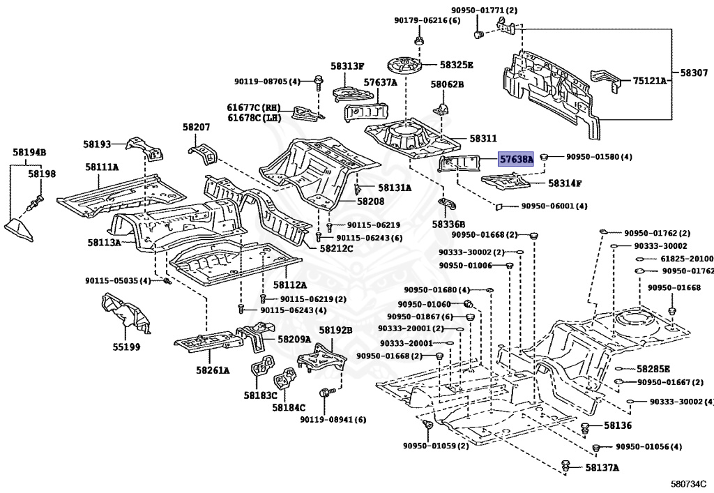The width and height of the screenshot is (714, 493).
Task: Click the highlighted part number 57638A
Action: point(516,160)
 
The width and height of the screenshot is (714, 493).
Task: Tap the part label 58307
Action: point(692,73)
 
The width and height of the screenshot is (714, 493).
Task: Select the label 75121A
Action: point(650,81)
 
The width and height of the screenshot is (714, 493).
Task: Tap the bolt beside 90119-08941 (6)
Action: point(323,395)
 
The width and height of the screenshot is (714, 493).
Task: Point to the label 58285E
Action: point(653,369)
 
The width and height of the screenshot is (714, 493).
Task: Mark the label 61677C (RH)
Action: point(252,107)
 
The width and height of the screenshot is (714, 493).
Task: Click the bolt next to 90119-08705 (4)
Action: point(317,82)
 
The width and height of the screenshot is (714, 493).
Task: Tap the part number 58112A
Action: point(289,285)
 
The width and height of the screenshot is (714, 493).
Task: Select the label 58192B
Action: point(335,331)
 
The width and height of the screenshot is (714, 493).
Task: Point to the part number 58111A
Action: point(102,167)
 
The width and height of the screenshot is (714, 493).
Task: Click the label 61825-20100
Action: point(687,259)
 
